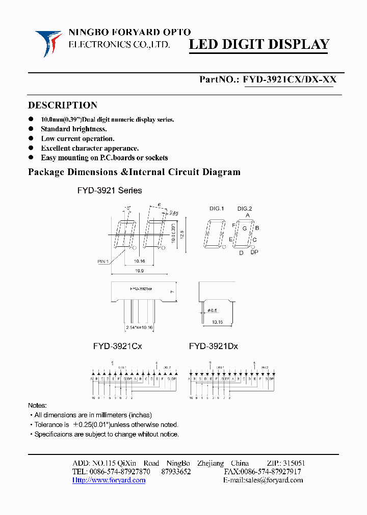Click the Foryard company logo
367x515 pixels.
point(48,43)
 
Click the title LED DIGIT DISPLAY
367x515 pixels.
point(259,45)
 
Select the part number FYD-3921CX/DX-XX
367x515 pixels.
point(290,79)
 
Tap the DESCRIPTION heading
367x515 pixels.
point(63,105)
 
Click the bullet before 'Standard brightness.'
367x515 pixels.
point(31,129)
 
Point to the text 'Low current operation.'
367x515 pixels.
point(77,138)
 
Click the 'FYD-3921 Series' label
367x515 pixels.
point(110,190)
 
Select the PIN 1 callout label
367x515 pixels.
point(103,262)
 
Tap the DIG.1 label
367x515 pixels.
point(217,209)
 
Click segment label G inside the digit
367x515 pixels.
point(245,228)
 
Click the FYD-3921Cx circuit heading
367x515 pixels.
point(117,346)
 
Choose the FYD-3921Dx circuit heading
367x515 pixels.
point(213,346)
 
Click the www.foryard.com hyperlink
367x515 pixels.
point(109,480)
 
